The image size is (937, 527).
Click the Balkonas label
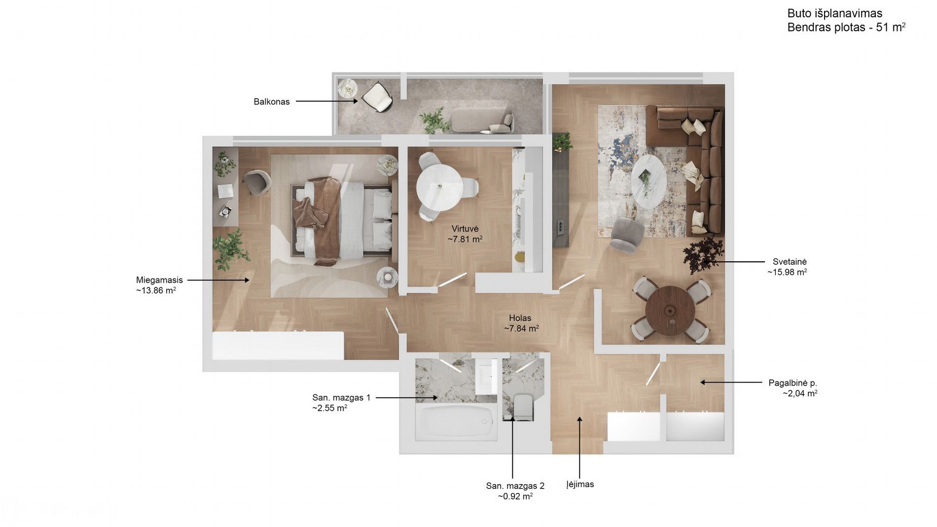[x=271, y=102]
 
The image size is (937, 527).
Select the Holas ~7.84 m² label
[x=521, y=323]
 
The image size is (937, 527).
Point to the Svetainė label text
[x=790, y=262]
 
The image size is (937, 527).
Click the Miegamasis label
[x=159, y=280]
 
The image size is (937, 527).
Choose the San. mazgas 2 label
[x=515, y=486]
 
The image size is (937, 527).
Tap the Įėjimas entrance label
[x=580, y=484]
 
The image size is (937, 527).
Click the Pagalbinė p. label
[x=793, y=383]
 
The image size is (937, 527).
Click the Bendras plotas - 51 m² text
[x=846, y=27]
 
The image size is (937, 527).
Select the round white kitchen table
[x=439, y=187]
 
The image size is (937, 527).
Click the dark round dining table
[x=670, y=311]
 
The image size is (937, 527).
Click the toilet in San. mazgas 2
[x=523, y=407]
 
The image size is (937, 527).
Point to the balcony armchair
[x=378, y=97]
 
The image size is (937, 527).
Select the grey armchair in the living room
[x=627, y=235]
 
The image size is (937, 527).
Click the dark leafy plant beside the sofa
[x=703, y=254]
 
